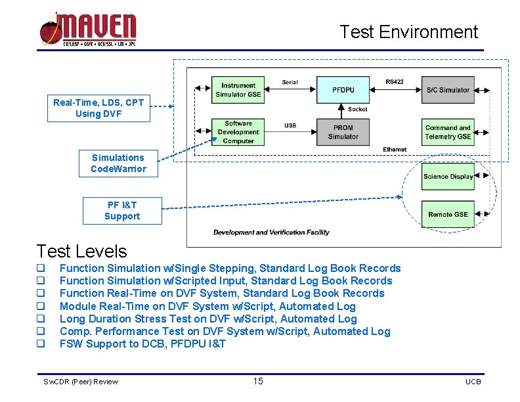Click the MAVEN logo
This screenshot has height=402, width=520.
[88, 30]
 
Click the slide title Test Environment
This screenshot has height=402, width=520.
[408, 32]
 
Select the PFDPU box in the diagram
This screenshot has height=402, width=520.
[343, 89]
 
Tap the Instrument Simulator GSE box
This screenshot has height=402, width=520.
[238, 90]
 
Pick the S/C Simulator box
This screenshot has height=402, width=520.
[448, 89]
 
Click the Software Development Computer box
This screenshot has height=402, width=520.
[238, 132]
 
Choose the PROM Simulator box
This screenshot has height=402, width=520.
[343, 132]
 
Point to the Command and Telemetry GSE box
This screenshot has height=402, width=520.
[448, 132]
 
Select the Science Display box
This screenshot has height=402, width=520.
[448, 176]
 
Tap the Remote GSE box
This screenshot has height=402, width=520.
[448, 214]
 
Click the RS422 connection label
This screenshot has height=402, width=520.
[395, 82]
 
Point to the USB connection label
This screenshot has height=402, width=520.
[290, 125]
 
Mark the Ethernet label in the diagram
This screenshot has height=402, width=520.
[395, 150]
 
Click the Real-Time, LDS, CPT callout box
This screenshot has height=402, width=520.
[98, 108]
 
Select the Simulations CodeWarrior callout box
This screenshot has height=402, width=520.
[118, 163]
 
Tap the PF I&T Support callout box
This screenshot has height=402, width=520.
[122, 210]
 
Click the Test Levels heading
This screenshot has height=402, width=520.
[82, 251]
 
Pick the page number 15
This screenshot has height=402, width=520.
[258, 382]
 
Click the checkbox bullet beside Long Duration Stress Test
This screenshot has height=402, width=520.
[40, 319]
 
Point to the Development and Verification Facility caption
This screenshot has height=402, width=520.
[271, 232]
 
